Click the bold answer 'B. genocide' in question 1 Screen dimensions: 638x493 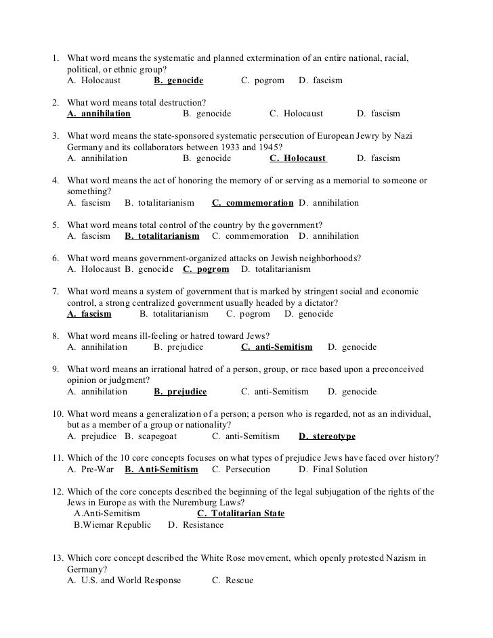click(178, 81)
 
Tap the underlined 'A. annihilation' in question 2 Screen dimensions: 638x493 click(99, 114)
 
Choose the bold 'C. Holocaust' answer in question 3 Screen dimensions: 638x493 click(298, 158)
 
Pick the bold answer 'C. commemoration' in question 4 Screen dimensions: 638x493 click(253, 203)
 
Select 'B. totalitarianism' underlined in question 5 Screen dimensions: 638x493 click(162, 236)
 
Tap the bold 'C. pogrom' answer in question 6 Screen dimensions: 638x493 click(206, 269)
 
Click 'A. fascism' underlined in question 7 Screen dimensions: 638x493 click(89, 314)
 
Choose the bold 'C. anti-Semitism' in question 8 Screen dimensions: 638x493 click(276, 347)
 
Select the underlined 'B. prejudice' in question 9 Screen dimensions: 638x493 click(180, 392)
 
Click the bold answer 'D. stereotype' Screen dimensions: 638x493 click(326, 436)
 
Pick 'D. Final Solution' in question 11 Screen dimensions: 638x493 click(333, 470)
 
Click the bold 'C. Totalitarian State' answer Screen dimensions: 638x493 click(236, 514)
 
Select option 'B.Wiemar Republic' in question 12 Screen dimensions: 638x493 click(112, 525)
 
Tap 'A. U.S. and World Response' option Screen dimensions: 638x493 click(124, 580)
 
